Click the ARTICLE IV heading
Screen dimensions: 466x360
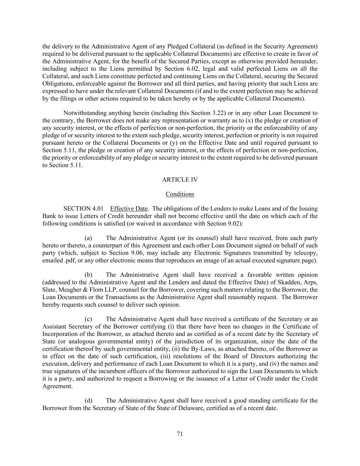pyautogui.click(x=180, y=180)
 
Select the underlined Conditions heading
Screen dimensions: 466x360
pyautogui.click(x=180, y=194)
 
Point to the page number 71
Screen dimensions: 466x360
pyautogui.click(x=180, y=434)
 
